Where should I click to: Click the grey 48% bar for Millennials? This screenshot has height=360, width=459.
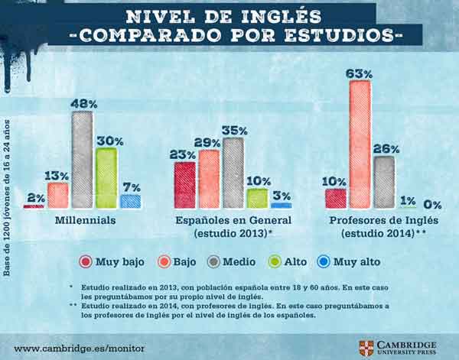click(x=82, y=160)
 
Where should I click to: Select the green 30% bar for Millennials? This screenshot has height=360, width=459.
click(x=106, y=177)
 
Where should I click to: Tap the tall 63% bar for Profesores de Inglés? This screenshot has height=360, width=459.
click(x=360, y=144)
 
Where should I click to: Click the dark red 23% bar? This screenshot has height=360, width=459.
click(x=184, y=184)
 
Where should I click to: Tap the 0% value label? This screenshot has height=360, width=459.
click(x=433, y=205)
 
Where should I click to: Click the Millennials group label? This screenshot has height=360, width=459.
click(x=84, y=220)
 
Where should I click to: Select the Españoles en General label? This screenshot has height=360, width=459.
click(x=233, y=220)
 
